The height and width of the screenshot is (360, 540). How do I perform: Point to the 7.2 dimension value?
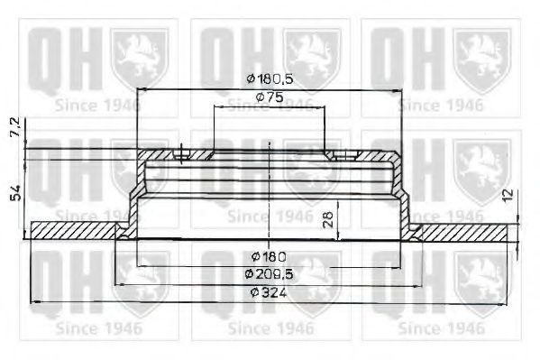(12, 128)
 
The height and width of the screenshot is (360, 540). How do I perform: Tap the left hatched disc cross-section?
(76, 231)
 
